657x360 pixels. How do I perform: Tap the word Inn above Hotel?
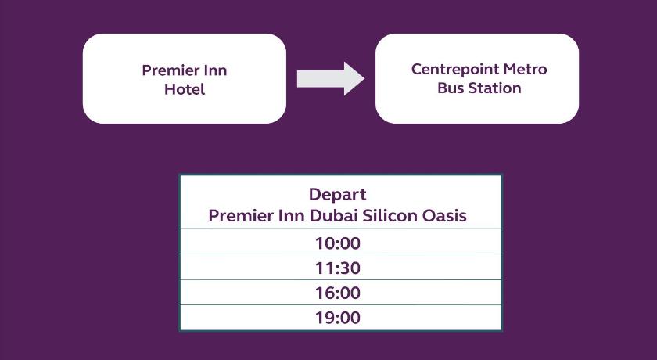[215, 70]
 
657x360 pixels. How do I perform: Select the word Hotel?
[185, 89]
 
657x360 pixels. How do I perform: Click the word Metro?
[526, 69]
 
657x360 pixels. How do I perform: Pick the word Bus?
[450, 88]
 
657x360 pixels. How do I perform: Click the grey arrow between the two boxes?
[331, 79]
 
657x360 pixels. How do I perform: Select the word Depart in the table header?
[338, 195]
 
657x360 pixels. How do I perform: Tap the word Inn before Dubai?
[292, 216]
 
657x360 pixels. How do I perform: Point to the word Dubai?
[333, 216]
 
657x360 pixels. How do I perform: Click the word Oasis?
[444, 216]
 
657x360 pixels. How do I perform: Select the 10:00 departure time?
[338, 243]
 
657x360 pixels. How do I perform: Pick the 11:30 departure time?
[338, 268]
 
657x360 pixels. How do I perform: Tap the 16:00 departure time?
[338, 293]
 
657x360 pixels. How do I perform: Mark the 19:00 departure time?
[338, 318]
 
